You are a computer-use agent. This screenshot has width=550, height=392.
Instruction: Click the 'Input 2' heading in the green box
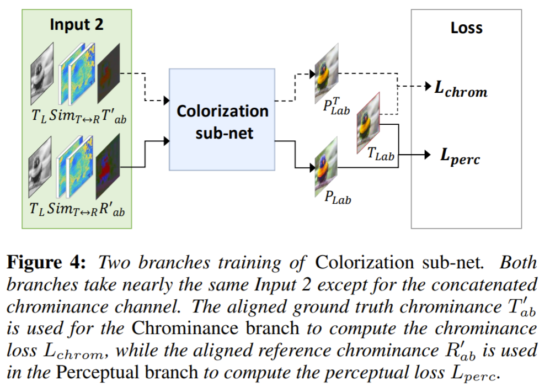pyautogui.click(x=77, y=24)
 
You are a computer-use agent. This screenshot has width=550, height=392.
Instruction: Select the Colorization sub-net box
pyautogui.click(x=222, y=119)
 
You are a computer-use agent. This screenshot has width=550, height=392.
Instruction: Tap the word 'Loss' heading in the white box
pyautogui.click(x=466, y=28)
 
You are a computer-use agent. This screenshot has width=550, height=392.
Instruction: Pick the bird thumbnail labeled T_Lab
pyautogui.click(x=369, y=123)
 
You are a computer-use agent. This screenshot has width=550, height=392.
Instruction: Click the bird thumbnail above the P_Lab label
pyautogui.click(x=327, y=166)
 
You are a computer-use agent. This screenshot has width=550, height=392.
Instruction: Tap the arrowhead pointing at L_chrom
pyautogui.click(x=429, y=87)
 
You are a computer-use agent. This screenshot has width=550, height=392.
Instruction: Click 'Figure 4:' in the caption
pyautogui.click(x=45, y=263)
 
